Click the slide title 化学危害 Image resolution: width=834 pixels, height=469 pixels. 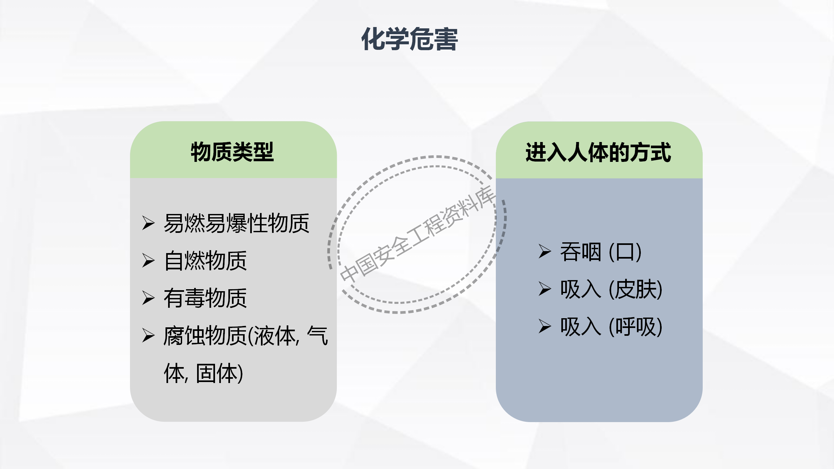click(x=410, y=39)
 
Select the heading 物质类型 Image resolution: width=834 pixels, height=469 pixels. click(x=232, y=152)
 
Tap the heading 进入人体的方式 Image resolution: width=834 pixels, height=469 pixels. click(x=598, y=152)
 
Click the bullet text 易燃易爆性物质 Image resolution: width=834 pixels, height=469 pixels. click(x=237, y=223)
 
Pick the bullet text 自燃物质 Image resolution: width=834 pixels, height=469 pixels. click(x=206, y=261)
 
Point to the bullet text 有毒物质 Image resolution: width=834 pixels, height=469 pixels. click(x=206, y=298)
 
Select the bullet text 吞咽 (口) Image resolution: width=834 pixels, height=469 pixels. click(x=601, y=252)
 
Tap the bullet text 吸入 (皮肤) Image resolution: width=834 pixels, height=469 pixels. click(x=611, y=290)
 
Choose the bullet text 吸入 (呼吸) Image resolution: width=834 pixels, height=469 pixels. click(x=611, y=327)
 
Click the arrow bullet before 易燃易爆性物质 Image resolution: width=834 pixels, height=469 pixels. click(x=149, y=223)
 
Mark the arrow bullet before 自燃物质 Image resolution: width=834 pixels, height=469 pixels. click(x=149, y=261)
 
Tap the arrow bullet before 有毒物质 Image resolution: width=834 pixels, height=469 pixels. click(x=149, y=298)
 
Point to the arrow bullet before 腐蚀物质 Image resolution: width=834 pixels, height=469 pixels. click(x=149, y=335)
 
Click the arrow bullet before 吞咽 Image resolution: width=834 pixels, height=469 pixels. click(x=545, y=251)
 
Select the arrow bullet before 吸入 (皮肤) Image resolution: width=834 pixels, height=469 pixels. click(x=545, y=289)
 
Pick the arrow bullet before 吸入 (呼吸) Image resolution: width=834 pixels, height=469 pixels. click(x=545, y=326)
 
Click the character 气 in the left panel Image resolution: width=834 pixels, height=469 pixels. click(x=318, y=335)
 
